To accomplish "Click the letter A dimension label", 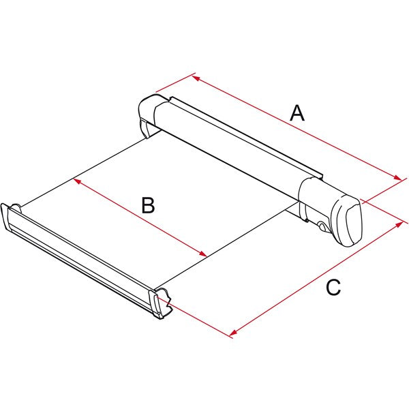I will tap(297, 112).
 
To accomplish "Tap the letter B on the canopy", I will tap(148, 204).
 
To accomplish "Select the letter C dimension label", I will tap(333, 288).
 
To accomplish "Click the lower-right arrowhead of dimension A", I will tap(401, 180).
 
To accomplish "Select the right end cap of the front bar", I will tap(162, 303).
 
